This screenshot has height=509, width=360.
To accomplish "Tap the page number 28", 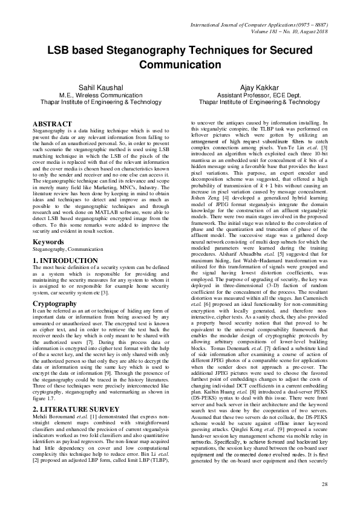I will pyautogui.click(x=324, y=485).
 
